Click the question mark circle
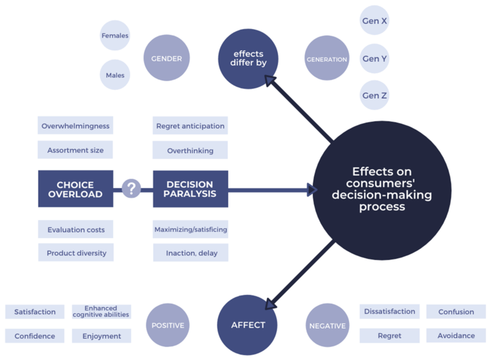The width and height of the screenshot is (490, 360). click(x=132, y=188)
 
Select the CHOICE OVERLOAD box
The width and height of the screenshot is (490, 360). click(x=76, y=189)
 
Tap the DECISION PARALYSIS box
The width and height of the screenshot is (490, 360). click(x=190, y=189)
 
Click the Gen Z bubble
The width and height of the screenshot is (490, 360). click(x=374, y=96)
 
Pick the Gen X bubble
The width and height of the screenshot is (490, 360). click(x=374, y=21)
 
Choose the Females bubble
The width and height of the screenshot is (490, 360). click(x=115, y=36)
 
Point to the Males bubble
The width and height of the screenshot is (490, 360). click(x=115, y=75)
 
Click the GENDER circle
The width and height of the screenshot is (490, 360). click(x=167, y=58)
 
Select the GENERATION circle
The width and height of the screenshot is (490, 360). click(x=327, y=59)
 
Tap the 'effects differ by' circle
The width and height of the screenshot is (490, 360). click(x=248, y=59)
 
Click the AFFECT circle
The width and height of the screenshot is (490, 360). click(x=248, y=325)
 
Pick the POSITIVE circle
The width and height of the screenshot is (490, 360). click(x=168, y=325)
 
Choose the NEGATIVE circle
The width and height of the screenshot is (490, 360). click(x=327, y=325)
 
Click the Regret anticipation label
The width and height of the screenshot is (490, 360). click(x=190, y=126)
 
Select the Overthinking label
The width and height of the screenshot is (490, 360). click(x=190, y=150)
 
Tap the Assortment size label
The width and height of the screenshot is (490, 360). click(x=76, y=150)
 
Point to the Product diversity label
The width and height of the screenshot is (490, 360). click(x=76, y=253)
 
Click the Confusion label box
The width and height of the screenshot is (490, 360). click(x=456, y=312)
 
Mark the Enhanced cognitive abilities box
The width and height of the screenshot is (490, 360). click(x=101, y=312)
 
